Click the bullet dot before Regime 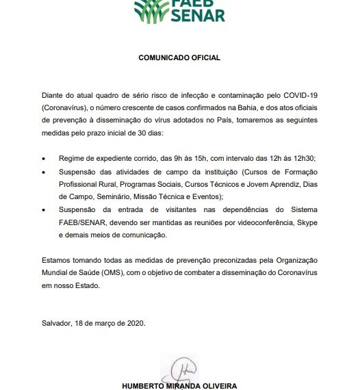pos(44,159)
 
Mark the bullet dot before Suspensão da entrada pos(44,212)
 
